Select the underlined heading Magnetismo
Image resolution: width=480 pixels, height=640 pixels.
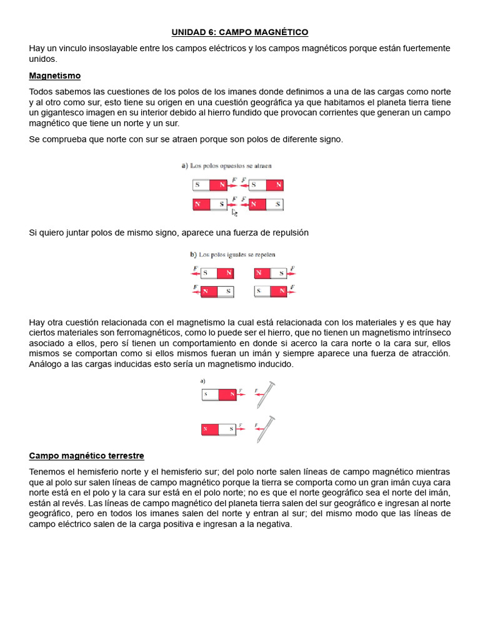point(55,76)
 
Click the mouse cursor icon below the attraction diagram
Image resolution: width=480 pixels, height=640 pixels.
point(234,212)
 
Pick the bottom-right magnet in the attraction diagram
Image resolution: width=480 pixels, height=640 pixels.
point(266,204)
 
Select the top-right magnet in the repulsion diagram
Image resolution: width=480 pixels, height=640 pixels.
point(271,272)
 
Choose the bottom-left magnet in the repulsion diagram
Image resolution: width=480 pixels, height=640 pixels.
point(217,291)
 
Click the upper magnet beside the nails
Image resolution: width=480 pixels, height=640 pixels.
point(219,394)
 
